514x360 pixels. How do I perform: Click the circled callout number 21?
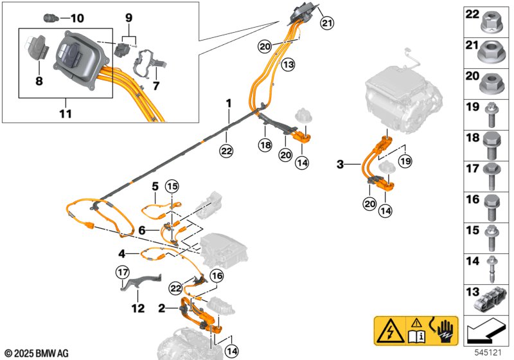point(327,23)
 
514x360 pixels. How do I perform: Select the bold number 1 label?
point(229,104)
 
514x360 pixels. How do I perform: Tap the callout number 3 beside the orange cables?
point(341,164)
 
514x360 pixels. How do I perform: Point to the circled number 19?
point(405,161)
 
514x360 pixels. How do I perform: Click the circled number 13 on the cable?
point(288,64)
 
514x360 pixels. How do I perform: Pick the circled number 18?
point(265,145)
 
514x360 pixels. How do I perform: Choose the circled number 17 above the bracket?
point(123,272)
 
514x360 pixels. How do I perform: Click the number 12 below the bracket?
point(138,308)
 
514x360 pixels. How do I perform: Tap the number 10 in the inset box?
point(77,18)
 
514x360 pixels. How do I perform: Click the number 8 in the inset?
point(39,80)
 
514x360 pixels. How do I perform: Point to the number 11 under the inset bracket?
point(66,114)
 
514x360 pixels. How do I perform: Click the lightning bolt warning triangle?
point(390,331)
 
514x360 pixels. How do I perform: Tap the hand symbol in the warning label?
point(446,330)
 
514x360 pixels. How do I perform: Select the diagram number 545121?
point(488,352)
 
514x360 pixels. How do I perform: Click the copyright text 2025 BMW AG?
point(37,354)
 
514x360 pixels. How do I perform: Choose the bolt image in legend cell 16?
point(491,208)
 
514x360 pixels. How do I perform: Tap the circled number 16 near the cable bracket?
point(217,276)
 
